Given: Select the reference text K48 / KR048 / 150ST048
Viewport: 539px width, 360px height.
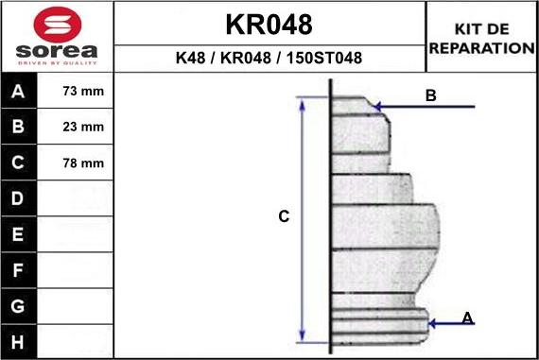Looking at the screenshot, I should click(269, 59).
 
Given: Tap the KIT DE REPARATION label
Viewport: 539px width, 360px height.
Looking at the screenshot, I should click(481, 38).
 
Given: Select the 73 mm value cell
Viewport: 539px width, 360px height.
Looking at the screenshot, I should click(82, 92).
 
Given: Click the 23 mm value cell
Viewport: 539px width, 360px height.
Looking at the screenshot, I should click(82, 127).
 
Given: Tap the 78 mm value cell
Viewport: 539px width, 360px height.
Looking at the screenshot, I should click(82, 163).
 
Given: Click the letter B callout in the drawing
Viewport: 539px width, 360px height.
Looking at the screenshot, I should click(430, 95).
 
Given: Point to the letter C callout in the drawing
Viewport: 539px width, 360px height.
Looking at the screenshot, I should click(283, 217).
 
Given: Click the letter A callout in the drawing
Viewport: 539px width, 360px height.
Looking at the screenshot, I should click(467, 318).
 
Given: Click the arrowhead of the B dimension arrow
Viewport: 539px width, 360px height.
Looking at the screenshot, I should click(378, 106).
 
